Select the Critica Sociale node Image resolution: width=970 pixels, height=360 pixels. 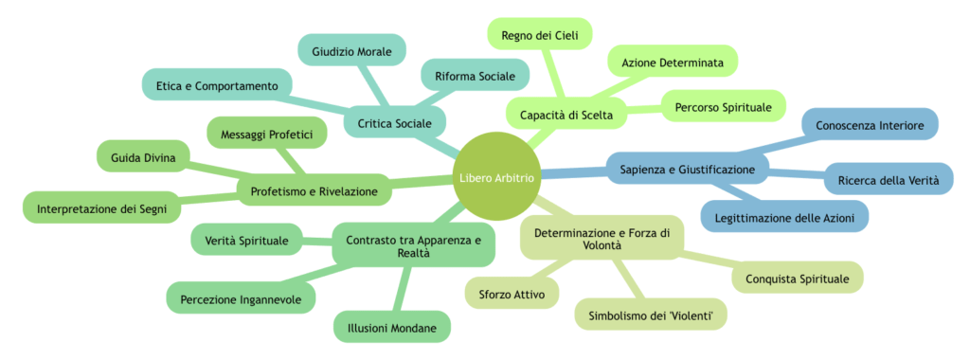(395, 123)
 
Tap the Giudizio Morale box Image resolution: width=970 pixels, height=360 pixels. (351, 52)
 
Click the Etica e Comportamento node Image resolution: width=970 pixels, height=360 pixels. (216, 85)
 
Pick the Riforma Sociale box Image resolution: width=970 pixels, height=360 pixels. (475, 76)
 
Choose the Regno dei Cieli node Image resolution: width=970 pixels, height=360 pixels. (540, 35)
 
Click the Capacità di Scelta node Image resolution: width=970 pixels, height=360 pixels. (566, 115)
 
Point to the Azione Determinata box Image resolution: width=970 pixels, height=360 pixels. (672, 63)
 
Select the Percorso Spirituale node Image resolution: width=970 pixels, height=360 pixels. (723, 106)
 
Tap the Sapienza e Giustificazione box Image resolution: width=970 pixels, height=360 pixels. (688, 170)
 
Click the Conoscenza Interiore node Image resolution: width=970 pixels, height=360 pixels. (870, 125)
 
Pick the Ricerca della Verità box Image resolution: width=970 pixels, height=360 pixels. (889, 181)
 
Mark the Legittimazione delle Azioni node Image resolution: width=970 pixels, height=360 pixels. (783, 218)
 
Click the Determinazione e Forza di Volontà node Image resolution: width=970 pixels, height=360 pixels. (601, 237)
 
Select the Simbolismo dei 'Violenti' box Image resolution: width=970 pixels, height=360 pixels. (651, 315)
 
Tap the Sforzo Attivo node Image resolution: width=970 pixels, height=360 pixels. (512, 294)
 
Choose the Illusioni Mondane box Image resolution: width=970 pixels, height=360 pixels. (391, 327)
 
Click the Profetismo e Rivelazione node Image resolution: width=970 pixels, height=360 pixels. (314, 191)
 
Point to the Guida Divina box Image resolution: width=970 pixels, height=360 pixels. (143, 157)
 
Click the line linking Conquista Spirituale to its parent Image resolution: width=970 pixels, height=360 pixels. (709, 262)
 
